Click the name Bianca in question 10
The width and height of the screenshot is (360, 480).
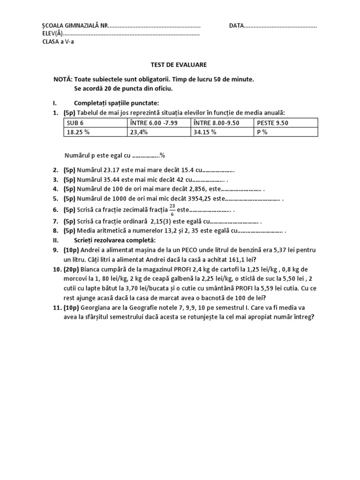coord(91,270)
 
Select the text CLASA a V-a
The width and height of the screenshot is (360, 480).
coord(58,42)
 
